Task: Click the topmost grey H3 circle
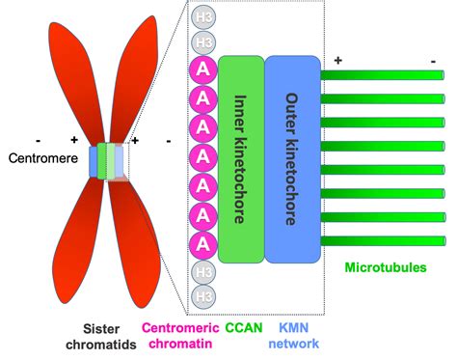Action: [x=203, y=18]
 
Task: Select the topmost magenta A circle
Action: [x=203, y=69]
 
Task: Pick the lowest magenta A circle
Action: [x=203, y=243]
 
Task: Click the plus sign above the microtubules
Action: [x=338, y=61]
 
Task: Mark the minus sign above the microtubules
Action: [x=434, y=60]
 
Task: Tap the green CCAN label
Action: [x=242, y=326]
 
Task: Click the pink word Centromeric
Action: [x=182, y=326]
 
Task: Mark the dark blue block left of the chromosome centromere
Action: [x=94, y=161]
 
